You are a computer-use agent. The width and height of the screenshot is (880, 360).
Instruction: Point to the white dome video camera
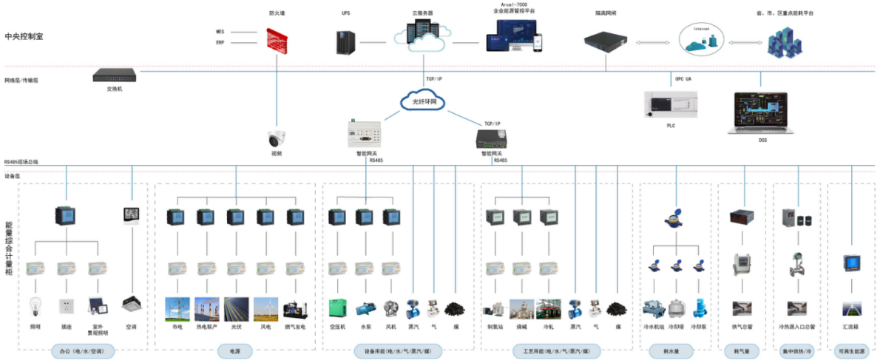[277, 138]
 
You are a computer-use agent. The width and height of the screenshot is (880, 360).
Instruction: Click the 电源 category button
[235, 351]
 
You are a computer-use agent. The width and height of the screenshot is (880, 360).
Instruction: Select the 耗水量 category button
[670, 351]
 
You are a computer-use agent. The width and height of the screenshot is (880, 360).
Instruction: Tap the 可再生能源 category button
[852, 351]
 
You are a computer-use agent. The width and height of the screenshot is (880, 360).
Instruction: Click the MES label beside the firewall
[220, 32]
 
